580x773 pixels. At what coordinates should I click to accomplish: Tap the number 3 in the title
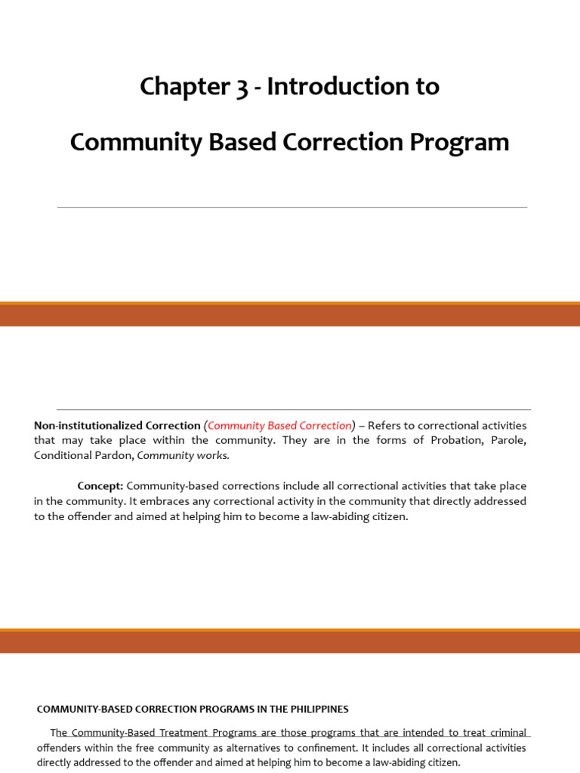(241, 88)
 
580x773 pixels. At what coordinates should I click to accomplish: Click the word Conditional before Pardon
(63, 456)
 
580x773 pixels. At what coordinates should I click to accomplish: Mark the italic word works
(214, 456)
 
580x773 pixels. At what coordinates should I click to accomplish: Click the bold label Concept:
(100, 486)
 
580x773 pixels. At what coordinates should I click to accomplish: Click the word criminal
(505, 733)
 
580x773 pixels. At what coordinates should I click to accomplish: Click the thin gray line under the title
(292, 207)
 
